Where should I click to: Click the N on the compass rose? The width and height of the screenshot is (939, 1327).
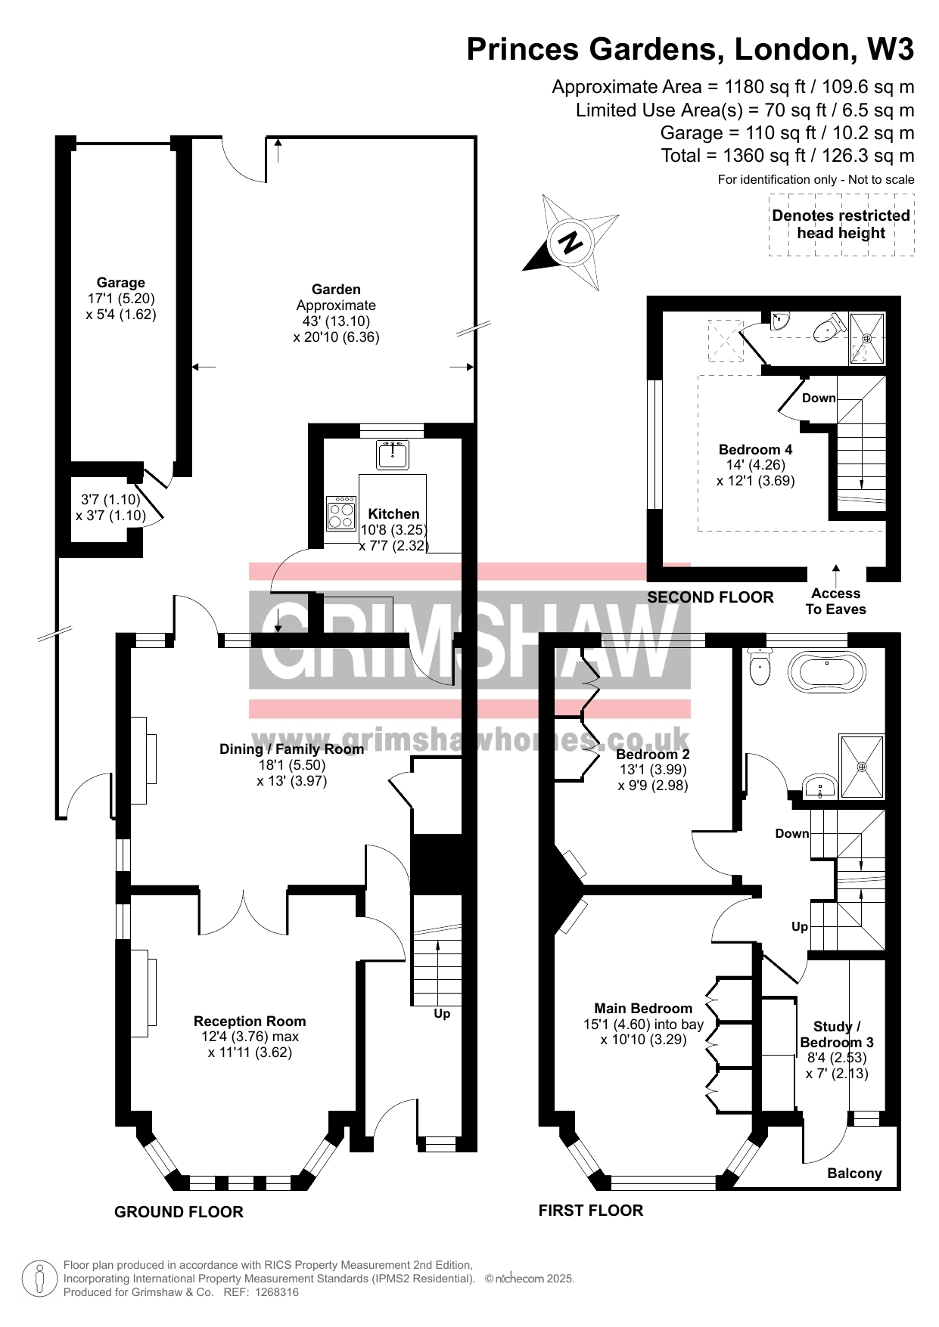570,242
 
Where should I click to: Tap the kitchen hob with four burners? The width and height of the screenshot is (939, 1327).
341,513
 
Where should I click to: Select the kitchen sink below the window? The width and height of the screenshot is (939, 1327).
393,454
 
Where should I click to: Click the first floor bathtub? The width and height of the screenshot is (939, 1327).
827,670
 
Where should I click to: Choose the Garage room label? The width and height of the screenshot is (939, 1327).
121,283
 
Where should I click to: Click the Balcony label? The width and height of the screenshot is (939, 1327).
854,1174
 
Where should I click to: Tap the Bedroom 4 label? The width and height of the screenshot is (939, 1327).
755,449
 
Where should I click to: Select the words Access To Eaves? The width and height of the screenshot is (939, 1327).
835,601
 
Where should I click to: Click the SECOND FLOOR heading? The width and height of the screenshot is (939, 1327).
710,597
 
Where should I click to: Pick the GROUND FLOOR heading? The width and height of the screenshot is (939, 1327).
179,1212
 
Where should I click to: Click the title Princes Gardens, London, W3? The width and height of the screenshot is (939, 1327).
690,49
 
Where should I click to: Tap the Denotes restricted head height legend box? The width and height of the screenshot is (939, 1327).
841,225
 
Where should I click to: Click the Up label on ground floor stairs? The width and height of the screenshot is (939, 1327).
442,1013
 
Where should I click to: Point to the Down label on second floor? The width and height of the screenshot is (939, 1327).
819,398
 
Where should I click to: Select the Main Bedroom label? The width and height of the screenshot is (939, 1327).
643,1008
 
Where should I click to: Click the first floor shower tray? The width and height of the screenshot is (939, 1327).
861,766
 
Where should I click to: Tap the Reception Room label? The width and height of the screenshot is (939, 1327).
250,1021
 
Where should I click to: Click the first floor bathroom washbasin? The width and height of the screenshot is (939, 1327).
819,786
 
